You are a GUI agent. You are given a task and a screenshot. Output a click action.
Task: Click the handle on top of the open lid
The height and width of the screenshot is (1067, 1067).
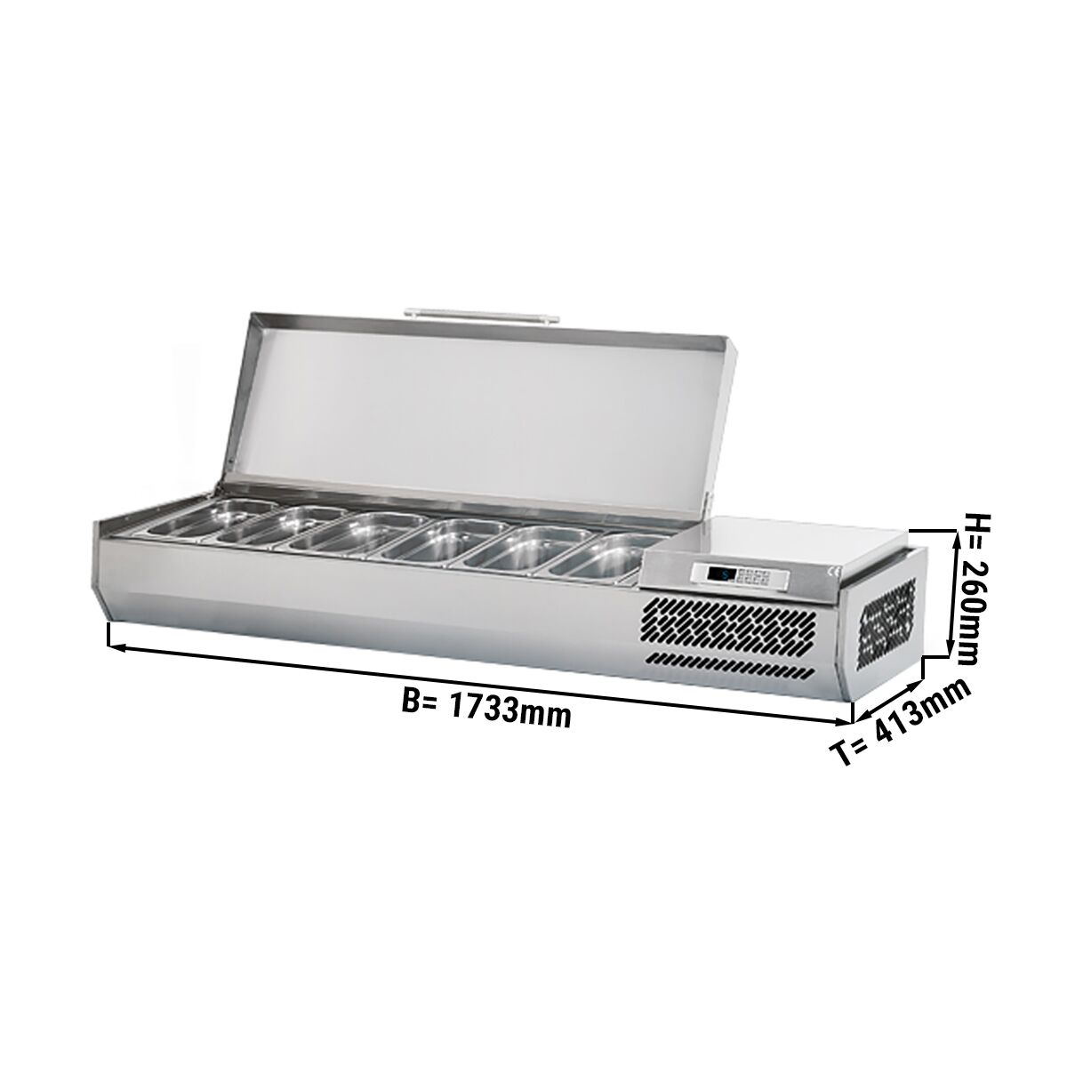point(482,313)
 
